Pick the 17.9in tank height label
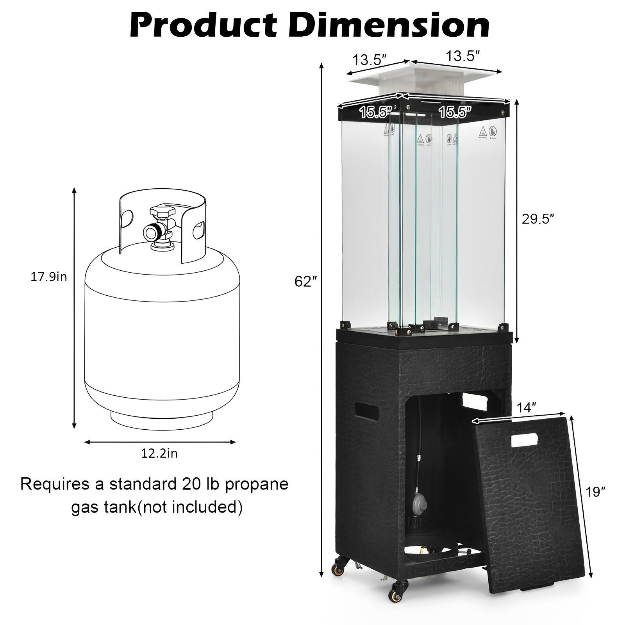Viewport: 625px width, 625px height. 49,277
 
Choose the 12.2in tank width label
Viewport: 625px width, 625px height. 159,454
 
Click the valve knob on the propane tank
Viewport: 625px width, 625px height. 161,213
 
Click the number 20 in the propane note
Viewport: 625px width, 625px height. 186,484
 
